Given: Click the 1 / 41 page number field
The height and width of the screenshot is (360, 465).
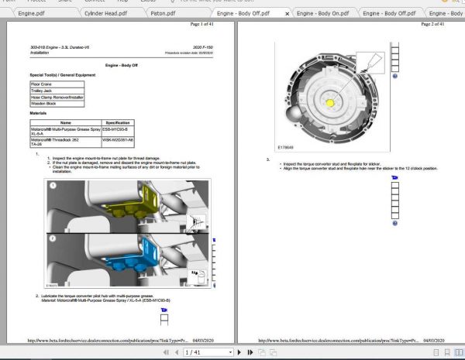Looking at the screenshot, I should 193,352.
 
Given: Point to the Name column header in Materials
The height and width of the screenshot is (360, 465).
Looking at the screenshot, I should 66,122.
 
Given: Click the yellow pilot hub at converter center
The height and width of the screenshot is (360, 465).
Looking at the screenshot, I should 330,102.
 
